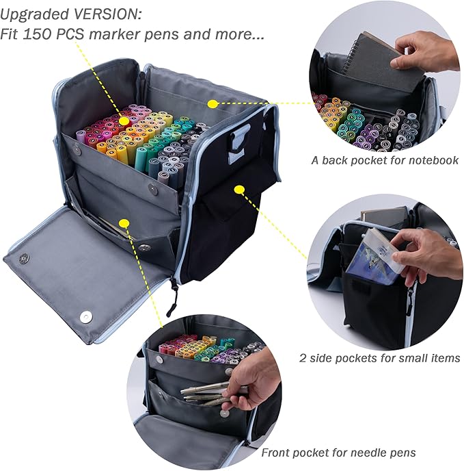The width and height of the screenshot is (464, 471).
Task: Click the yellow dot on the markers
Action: [124, 120]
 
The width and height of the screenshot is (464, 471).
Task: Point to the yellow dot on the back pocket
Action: [213, 103]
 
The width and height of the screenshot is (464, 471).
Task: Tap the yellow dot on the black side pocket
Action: [239, 189]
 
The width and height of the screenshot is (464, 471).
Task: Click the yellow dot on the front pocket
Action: [124, 222]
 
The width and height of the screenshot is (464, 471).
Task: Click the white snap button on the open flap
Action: [85, 316]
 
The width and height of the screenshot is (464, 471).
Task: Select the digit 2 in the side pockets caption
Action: [303, 357]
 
